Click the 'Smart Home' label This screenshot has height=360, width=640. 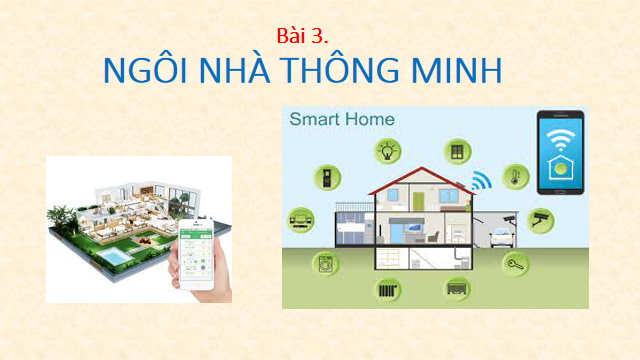tap(342, 119)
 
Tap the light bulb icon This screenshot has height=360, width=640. tap(387, 151)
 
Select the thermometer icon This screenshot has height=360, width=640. tap(515, 177)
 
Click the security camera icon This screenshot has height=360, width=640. tap(541, 219)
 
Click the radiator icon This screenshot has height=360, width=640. tap(387, 290)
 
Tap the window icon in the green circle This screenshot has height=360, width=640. tap(458, 151)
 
